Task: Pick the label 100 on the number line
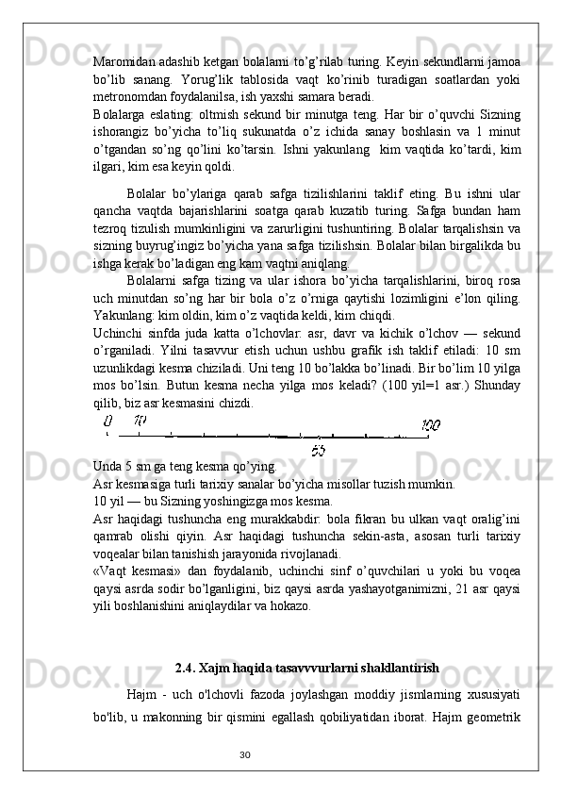[431, 424]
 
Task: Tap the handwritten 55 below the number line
[318, 451]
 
